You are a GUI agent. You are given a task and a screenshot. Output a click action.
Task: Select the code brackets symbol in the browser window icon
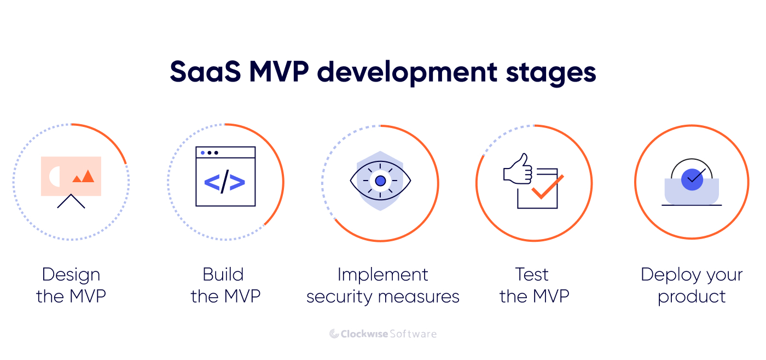tap(225, 183)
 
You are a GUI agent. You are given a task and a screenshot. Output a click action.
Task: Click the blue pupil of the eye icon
tap(380, 181)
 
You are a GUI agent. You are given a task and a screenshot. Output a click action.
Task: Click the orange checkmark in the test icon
tap(547, 187)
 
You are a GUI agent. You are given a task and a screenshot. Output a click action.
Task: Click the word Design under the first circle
tap(71, 275)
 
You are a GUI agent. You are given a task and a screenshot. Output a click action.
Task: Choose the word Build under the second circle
tap(223, 275)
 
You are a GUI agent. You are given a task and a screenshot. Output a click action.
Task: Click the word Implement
tap(382, 275)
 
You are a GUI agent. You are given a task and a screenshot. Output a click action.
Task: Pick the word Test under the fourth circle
tap(531, 275)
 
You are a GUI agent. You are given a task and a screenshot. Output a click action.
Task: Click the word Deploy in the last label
tap(666, 275)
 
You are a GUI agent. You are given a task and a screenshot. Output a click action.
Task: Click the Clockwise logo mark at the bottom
tap(334, 334)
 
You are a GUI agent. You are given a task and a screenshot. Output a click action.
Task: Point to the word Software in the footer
tap(413, 334)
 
